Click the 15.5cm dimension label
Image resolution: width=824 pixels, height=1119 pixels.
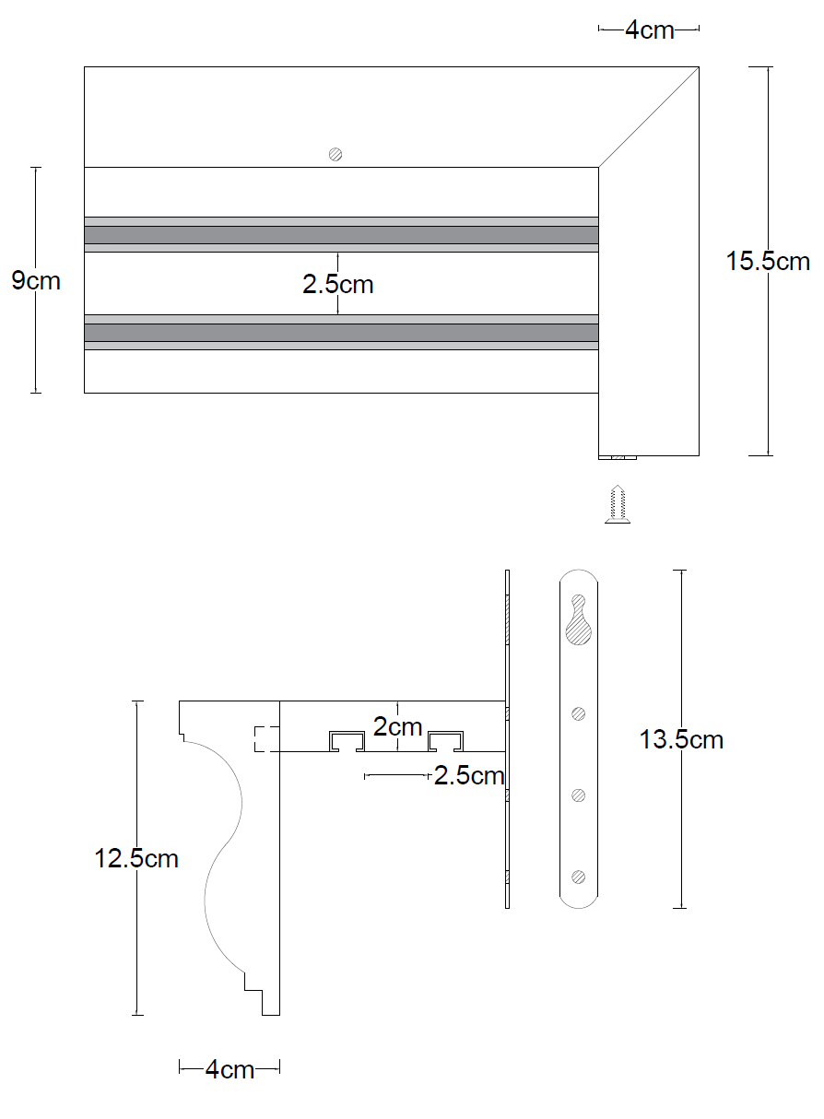768,261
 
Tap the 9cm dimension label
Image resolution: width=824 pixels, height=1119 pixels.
36,281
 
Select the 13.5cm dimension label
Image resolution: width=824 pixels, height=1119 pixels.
681,740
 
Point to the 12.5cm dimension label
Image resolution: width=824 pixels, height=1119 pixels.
136,859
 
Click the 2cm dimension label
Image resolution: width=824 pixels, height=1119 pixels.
397,727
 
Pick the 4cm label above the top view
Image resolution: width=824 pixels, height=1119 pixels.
650,30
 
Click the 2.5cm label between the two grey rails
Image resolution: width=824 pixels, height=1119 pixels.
338,284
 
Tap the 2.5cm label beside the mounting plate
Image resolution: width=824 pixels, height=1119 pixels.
469,776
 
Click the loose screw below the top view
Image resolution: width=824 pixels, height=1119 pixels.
618,504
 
